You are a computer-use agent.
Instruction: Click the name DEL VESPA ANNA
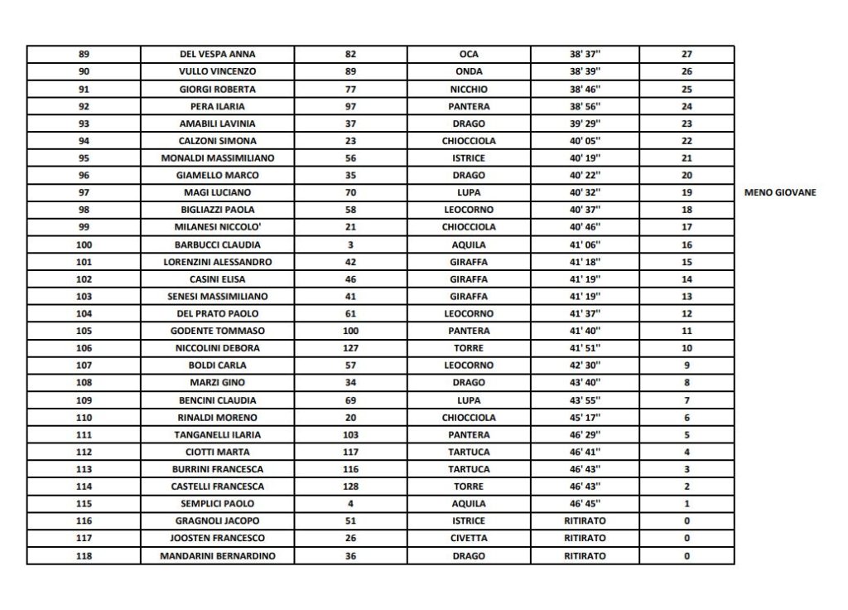point(218,54)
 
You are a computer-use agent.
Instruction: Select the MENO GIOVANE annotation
point(781,192)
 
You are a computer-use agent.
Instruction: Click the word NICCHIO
point(469,89)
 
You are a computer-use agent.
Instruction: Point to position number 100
point(84,244)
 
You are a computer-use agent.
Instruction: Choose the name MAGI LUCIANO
point(218,192)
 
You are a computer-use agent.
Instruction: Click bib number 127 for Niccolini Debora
point(349,348)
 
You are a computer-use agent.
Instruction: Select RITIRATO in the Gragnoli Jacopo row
point(585,521)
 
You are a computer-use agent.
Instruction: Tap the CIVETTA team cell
point(469,539)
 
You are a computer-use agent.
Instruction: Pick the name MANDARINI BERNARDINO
point(218,556)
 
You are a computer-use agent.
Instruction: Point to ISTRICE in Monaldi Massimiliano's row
point(469,157)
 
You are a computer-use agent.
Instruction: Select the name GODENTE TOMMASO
point(218,331)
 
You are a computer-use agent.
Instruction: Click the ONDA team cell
point(469,71)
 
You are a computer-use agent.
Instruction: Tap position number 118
point(84,556)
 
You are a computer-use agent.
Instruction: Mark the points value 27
point(687,54)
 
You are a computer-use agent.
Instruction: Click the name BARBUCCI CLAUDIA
point(218,244)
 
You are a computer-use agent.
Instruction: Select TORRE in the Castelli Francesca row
point(469,487)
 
